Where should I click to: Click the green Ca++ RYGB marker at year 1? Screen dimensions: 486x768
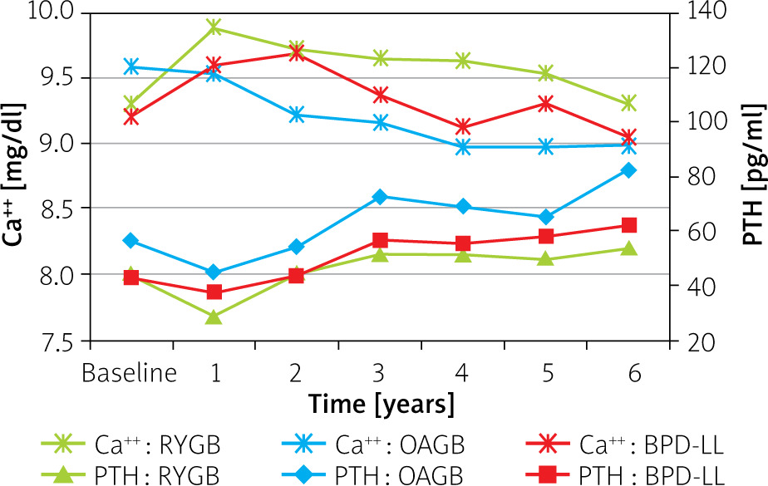tap(214, 27)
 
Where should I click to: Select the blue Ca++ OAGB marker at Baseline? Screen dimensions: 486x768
tap(130, 66)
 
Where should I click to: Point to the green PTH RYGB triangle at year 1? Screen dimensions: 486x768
tap(214, 317)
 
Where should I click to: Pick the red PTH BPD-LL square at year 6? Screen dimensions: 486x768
tap(628, 225)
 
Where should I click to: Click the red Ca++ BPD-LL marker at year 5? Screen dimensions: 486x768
tap(545, 104)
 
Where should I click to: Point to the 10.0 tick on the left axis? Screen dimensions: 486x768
tap(52, 12)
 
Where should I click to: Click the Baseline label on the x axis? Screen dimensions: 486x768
tap(130, 372)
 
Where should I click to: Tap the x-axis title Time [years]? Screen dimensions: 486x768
tap(382, 405)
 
